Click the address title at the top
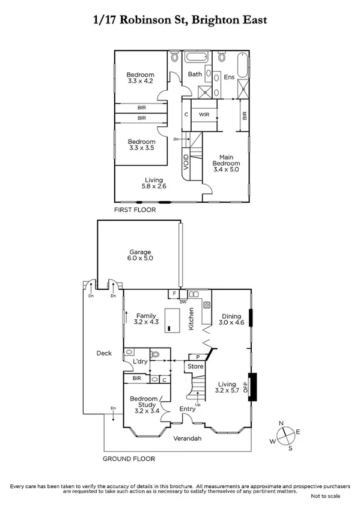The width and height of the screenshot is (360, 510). point(180,20)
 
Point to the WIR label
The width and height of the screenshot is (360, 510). point(204,114)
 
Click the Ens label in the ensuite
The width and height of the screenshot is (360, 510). point(229,77)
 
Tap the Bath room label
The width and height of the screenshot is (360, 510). point(195,75)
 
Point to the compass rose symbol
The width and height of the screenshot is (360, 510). point(287,435)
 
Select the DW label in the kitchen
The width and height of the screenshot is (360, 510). point(183,301)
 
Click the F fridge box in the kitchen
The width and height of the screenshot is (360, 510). point(174,294)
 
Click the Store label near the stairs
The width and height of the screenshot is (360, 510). point(195,366)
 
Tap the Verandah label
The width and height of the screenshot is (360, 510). point(188,438)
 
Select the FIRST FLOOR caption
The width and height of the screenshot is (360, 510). point(135,210)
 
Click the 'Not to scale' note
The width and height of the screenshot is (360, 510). point(325,496)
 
